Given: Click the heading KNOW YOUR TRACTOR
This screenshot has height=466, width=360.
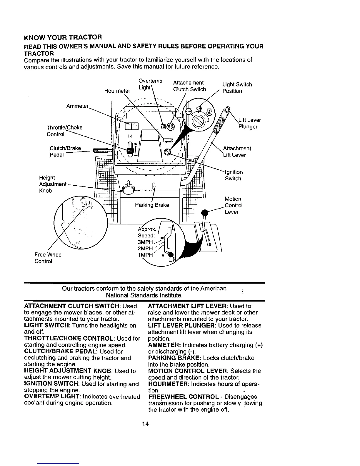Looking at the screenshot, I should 63,37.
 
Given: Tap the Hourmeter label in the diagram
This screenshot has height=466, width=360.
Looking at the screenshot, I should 117,91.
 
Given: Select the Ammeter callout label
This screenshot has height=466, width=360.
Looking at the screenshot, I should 78,106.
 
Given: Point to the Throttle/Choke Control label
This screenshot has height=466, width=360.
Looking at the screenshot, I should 64,131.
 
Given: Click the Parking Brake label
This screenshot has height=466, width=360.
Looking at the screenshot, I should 152,205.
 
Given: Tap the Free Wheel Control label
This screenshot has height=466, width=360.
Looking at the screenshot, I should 49,258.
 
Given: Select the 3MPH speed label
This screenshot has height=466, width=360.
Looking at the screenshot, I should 146,242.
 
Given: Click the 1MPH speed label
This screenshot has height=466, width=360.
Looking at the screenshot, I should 146,255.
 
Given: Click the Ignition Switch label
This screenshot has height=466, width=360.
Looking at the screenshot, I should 234,175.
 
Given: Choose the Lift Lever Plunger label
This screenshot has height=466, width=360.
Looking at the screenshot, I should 248,123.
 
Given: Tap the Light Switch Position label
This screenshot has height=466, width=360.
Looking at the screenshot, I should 237,88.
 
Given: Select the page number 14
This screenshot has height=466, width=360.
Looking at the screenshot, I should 145,424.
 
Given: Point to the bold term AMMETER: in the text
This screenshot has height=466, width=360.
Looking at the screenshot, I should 164,345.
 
